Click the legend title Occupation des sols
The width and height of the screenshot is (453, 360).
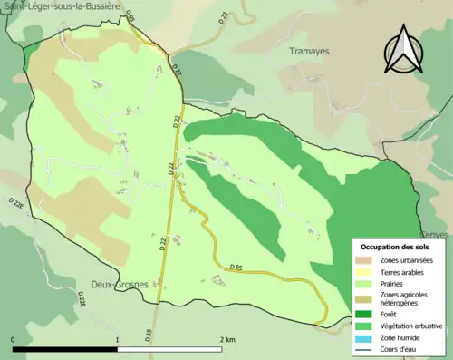tap(395, 247)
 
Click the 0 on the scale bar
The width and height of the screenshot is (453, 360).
tap(14, 339)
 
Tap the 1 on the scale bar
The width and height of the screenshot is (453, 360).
tap(117, 339)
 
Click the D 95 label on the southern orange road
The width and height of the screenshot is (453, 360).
tap(236, 266)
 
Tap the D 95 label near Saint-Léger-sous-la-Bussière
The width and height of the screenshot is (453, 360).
tap(130, 17)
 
